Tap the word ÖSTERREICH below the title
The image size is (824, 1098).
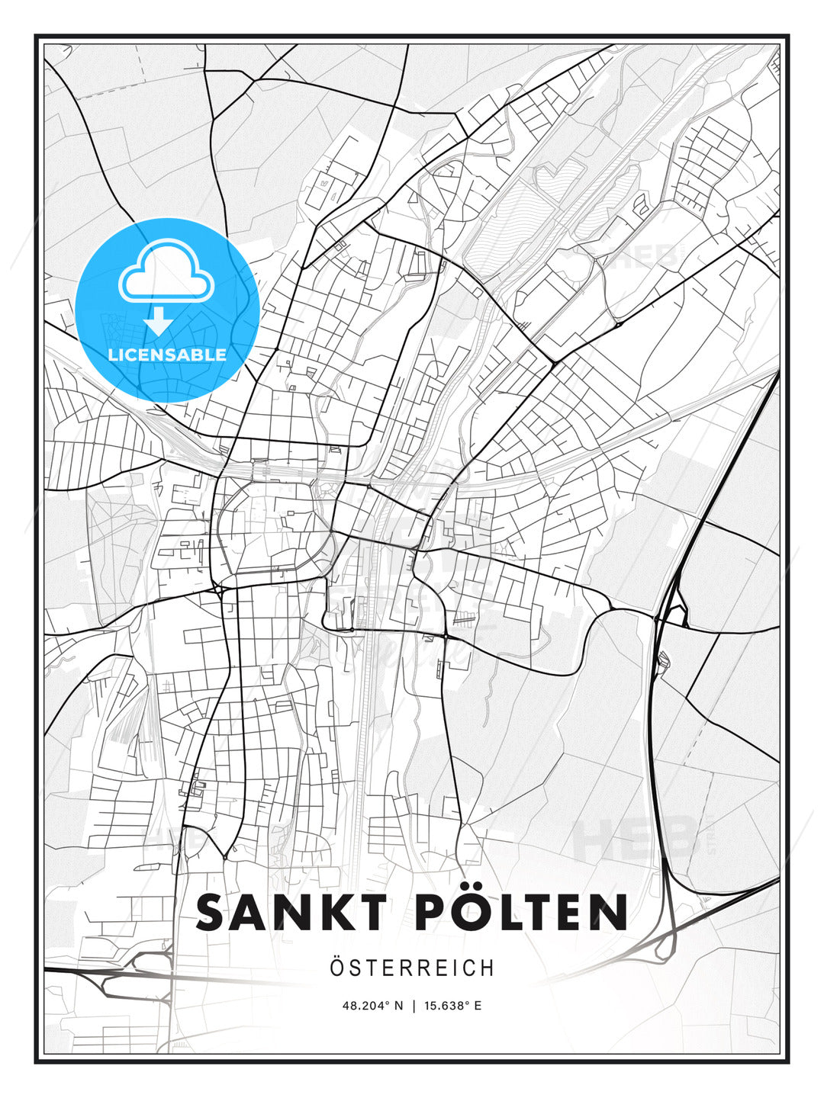point(412,968)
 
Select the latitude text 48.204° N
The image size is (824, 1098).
point(372,1006)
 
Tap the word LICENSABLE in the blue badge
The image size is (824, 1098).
point(167,355)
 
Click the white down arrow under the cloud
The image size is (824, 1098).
point(159,322)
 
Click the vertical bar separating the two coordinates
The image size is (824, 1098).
point(414,1006)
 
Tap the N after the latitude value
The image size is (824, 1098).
point(398,1006)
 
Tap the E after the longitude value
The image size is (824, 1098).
point(478,1006)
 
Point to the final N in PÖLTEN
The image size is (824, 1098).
point(609,913)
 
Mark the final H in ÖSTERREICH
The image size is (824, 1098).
point(488,968)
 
